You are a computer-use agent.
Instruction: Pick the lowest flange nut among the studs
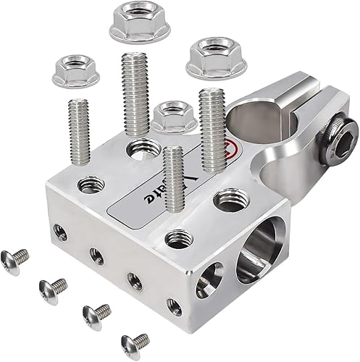[174, 116]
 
